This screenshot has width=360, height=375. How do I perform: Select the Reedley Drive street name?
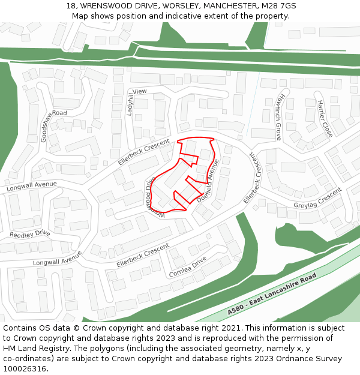30,233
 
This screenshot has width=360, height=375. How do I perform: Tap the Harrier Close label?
325,118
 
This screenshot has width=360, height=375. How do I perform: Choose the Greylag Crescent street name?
317,199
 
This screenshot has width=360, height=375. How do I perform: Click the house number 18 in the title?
70,5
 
